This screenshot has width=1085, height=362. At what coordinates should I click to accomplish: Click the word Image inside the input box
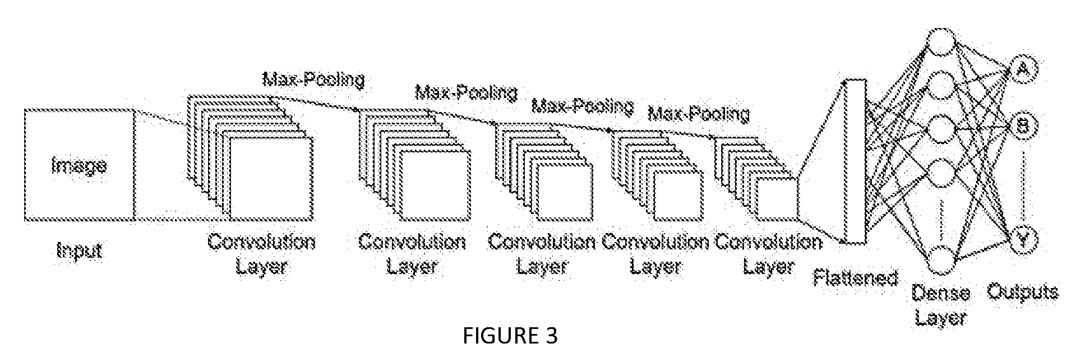click(x=79, y=166)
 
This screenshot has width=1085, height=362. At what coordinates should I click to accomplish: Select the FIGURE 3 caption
click(x=510, y=336)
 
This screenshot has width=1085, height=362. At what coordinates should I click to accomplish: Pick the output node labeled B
click(x=1023, y=127)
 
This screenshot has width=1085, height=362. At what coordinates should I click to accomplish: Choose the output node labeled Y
click(x=1024, y=240)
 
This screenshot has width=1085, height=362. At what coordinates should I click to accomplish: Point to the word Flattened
click(x=855, y=277)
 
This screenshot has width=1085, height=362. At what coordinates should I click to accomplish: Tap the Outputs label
click(x=1023, y=291)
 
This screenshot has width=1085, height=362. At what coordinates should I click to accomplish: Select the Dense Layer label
click(x=941, y=305)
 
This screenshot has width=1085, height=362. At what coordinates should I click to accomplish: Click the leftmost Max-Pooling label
click(x=313, y=79)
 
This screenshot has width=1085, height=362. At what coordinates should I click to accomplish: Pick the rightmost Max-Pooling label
click(x=699, y=114)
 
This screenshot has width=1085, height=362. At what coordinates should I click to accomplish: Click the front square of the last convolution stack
click(x=777, y=199)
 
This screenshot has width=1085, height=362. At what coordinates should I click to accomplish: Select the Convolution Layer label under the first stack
click(x=261, y=253)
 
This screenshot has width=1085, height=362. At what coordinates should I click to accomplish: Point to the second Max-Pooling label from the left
click(x=466, y=91)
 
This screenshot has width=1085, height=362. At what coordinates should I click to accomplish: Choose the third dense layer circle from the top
click(x=941, y=129)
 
